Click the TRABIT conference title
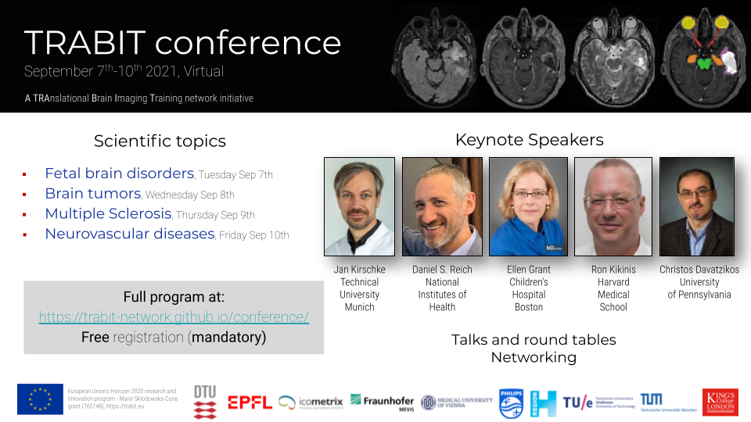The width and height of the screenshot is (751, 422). point(182,42)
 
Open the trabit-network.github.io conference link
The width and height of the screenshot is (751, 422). point(174,317)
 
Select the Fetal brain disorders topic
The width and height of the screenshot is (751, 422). point(119,173)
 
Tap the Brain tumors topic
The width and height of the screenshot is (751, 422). point(92,193)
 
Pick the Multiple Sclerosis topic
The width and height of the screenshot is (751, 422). point(108,213)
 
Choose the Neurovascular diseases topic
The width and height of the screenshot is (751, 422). point(129,234)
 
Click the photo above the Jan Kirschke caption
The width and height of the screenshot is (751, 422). point(359,206)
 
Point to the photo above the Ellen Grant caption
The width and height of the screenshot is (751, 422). point(528,206)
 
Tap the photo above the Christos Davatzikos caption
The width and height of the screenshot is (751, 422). point(696,206)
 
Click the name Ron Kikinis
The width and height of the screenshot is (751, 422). point(613,270)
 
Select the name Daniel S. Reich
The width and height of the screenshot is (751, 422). point(442,270)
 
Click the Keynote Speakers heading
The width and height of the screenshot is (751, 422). point(529,140)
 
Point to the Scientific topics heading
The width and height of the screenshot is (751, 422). point(160,141)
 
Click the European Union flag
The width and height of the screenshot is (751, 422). point(40,399)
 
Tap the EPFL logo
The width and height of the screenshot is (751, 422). point(250,402)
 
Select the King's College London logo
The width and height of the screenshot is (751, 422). point(720,402)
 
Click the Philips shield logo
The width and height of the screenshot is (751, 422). point(510,402)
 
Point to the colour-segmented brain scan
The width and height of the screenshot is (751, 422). point(704,55)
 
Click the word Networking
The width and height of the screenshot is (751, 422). point(534,357)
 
